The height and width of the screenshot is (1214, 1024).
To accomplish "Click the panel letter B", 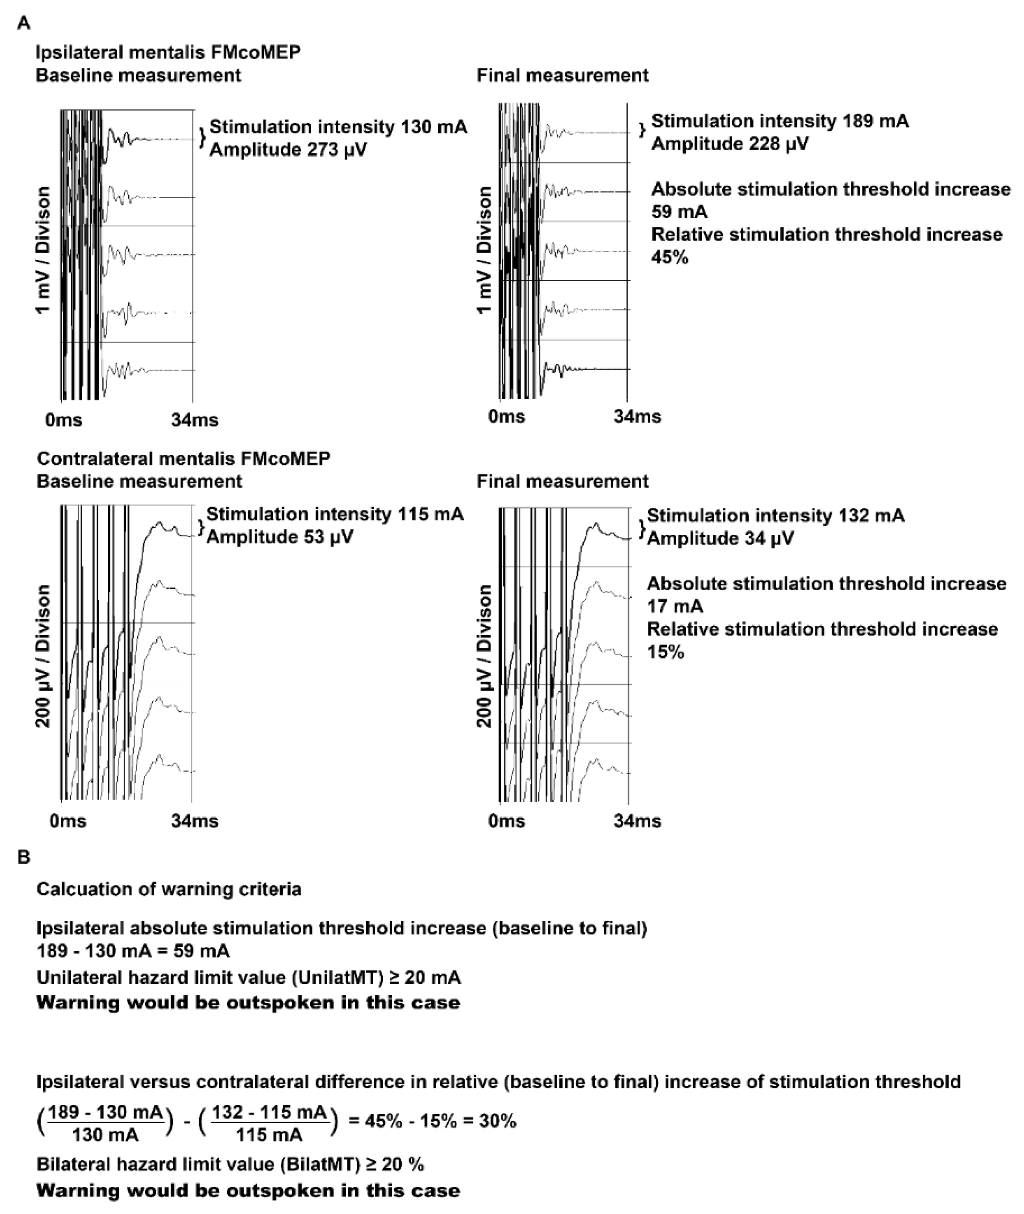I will click(24, 857).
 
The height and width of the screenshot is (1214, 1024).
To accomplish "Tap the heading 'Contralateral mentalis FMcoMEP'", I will click(183, 459).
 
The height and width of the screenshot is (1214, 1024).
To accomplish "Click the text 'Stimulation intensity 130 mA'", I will click(338, 127).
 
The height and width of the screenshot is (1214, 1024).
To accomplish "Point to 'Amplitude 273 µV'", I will click(288, 150).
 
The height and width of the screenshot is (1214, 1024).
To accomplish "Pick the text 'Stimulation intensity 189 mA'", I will click(779, 121).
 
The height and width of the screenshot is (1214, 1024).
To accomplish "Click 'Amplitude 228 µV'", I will click(730, 143).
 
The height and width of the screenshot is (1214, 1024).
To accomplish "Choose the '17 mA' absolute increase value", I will click(675, 606).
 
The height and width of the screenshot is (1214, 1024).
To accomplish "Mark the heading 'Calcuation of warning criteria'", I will click(169, 890).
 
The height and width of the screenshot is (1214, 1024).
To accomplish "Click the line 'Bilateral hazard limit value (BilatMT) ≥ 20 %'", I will click(230, 1164).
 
